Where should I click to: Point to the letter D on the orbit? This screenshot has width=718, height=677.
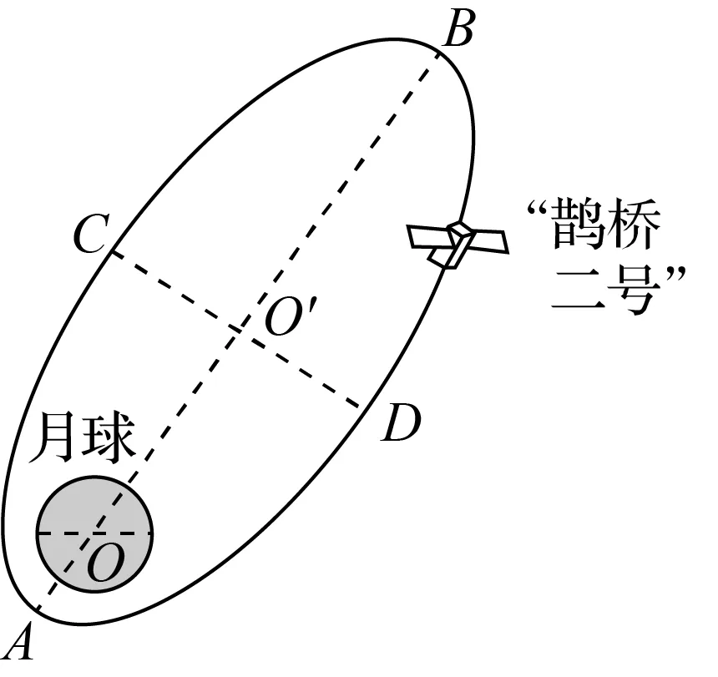point(401,425)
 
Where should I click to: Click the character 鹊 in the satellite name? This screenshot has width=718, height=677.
point(577,228)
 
